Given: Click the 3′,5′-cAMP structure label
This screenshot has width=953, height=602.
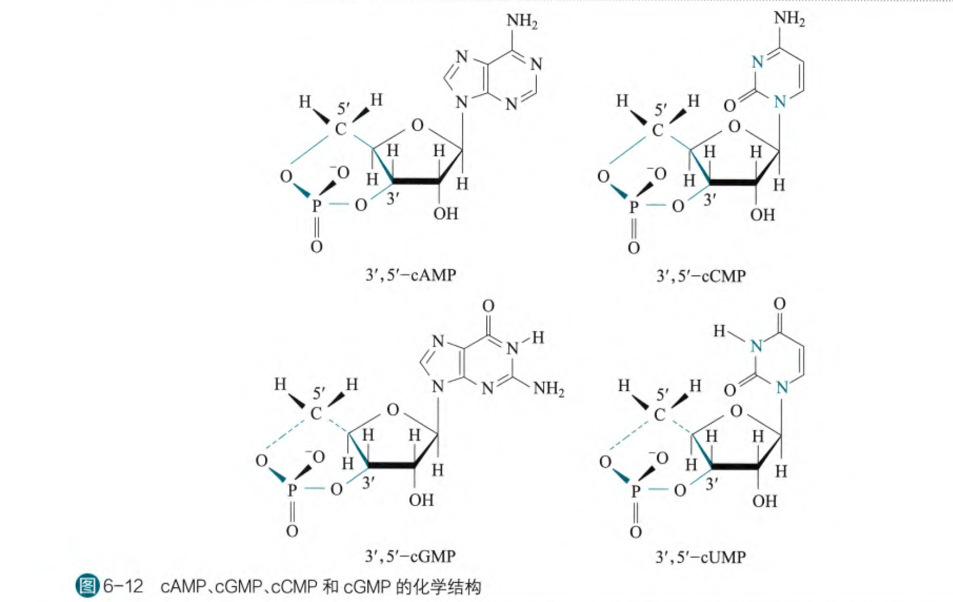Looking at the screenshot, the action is tap(410, 275).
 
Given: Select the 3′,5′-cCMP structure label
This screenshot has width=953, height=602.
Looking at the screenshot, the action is tap(700, 276).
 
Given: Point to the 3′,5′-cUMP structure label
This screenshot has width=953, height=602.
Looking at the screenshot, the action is tap(700, 557).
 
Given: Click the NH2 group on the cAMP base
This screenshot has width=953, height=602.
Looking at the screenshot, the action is tap(521, 22).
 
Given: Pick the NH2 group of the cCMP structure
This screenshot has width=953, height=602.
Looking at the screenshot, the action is tap(789, 18).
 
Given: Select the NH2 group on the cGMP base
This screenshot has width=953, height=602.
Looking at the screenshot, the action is tap(548, 389).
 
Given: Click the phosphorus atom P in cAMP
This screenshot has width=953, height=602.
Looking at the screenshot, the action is tap(316, 205).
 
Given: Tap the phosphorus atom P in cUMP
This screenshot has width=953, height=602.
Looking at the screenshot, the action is tap(636, 491).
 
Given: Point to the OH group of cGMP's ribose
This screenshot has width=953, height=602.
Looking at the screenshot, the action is tap(421, 500).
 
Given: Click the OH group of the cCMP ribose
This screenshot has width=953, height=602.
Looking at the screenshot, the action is tap(762, 215).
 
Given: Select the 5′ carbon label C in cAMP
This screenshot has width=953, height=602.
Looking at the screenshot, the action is tap(340, 129).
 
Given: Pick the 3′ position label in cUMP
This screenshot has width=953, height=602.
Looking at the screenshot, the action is tap(712, 484).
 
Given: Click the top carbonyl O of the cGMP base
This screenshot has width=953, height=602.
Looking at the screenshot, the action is tap(488, 306).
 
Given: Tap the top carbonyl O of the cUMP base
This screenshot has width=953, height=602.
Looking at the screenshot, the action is tap(779, 304).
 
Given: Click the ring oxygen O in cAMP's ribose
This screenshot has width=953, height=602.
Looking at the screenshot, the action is tap(417, 125).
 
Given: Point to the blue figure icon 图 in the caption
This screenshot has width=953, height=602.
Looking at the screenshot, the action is tap(87, 586).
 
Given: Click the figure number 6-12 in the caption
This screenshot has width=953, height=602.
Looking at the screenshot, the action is tap(123, 586).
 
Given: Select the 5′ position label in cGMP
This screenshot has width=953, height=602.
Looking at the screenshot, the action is tap(319, 394).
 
